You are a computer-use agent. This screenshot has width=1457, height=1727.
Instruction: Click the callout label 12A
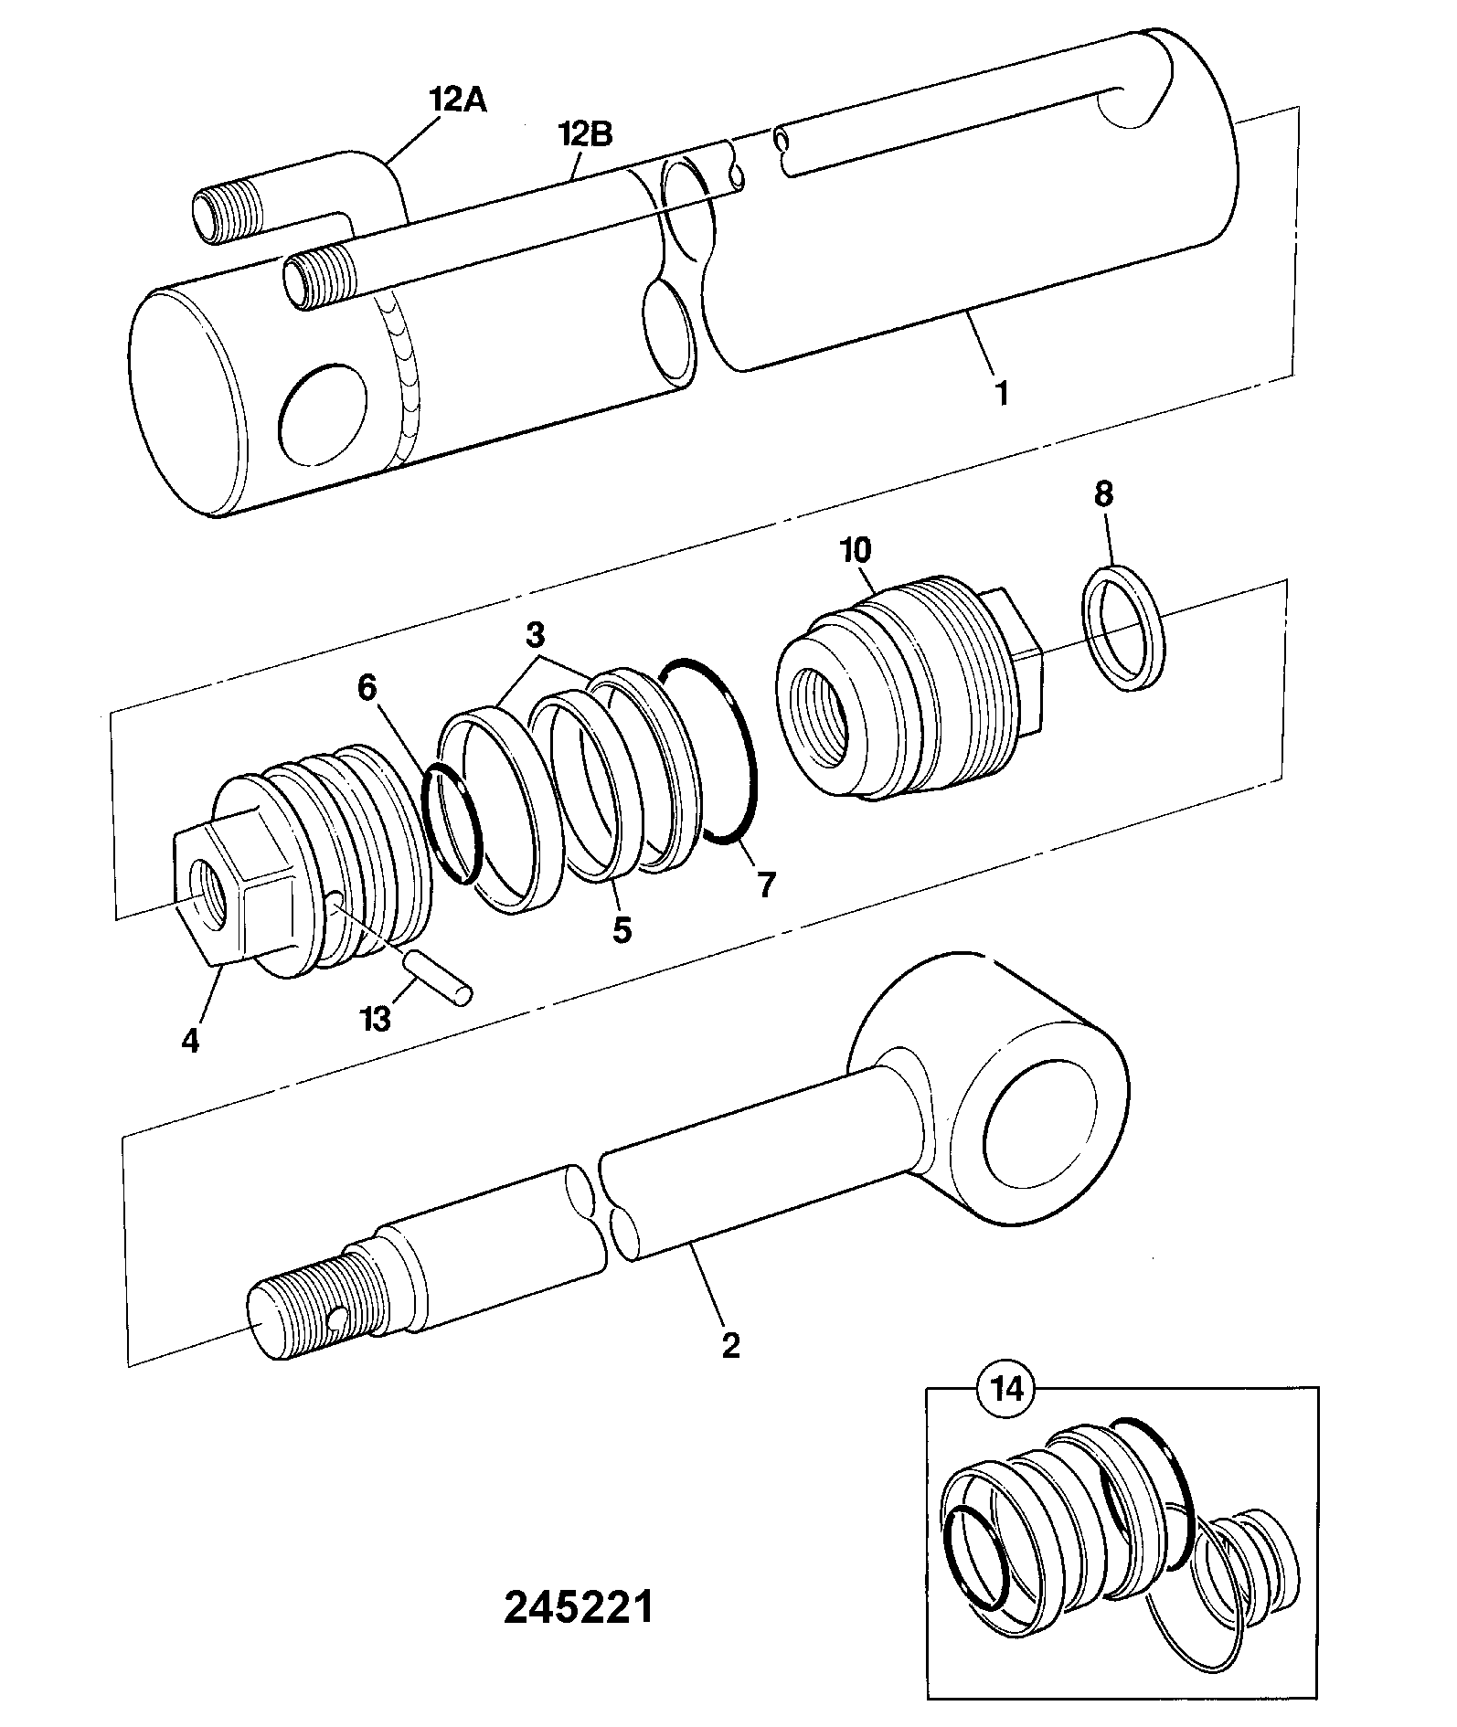[x=459, y=99]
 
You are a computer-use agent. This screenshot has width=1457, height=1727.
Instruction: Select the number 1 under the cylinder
[x=1002, y=394]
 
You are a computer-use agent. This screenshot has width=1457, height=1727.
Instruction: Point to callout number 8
[x=1103, y=494]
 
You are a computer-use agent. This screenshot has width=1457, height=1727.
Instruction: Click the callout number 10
[x=856, y=551]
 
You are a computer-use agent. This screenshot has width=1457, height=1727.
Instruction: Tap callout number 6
[x=367, y=688]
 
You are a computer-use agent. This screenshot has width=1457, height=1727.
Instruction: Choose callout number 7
[x=764, y=884]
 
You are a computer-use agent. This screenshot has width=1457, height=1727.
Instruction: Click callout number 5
[x=622, y=930]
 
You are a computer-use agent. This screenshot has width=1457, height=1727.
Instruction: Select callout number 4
[x=190, y=1041]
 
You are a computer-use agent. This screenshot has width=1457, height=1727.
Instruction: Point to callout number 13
[x=376, y=1017]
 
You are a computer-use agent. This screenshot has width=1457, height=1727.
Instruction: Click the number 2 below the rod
[x=730, y=1344]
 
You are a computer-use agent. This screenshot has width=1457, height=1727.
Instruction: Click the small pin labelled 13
[x=440, y=978]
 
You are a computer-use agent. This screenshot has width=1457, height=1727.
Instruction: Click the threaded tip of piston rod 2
[x=302, y=1298]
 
